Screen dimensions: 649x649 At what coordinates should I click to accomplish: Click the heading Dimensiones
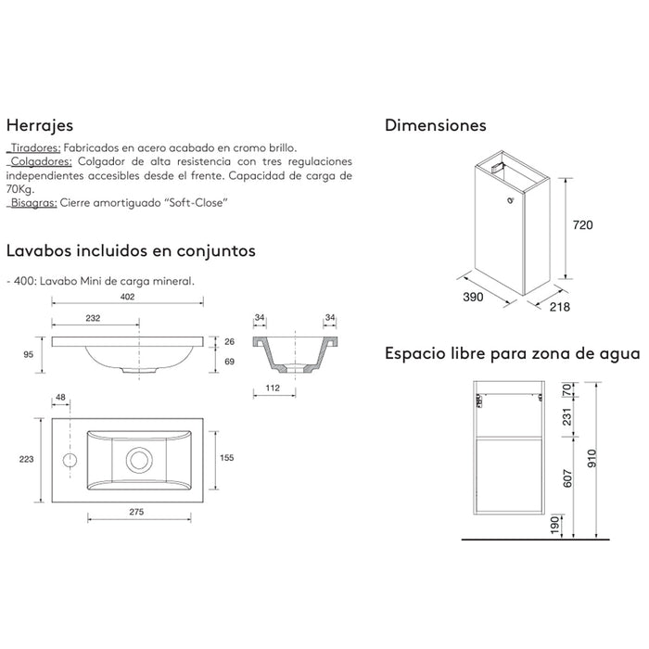(435, 124)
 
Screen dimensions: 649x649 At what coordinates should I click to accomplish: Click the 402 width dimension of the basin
(129, 298)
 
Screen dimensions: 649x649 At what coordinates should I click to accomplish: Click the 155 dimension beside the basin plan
(228, 456)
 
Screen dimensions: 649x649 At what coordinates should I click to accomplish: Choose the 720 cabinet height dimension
(581, 225)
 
